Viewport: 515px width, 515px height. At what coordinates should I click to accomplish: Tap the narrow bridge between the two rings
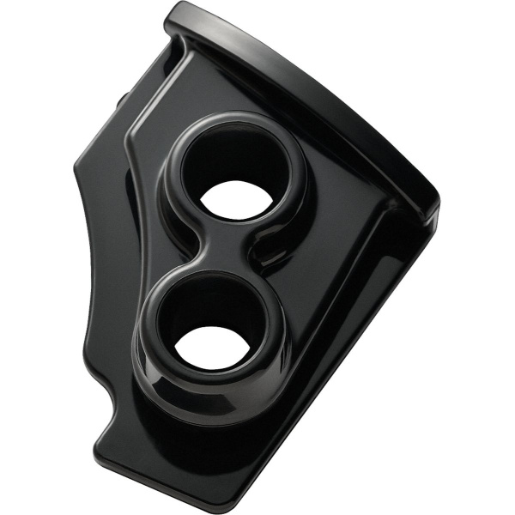226,257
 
